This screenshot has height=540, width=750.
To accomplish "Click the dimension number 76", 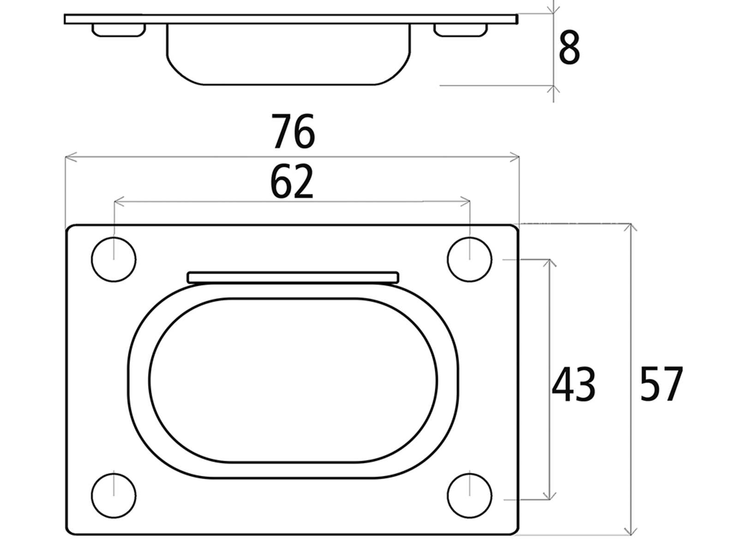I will click(293, 132).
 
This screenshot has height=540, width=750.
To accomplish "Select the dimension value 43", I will click(574, 385).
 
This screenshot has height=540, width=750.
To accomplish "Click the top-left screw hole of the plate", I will click(114, 259).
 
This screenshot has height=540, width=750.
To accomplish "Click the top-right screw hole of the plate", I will click(469, 259).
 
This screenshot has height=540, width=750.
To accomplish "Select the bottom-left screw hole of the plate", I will click(114, 495).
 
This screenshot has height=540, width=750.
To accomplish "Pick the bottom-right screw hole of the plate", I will click(469, 495).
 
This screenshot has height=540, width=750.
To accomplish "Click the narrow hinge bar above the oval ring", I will click(293, 277).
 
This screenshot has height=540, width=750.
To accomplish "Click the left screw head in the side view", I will click(119, 30).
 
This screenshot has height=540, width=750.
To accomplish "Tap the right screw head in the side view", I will click(460, 30).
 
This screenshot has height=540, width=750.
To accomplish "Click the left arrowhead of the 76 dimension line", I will click(69, 158).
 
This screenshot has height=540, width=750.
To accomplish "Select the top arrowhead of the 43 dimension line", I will click(549, 263).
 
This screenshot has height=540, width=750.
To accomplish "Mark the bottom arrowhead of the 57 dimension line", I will click(631, 531).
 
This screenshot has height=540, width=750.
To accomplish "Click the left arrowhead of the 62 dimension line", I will click(118, 201).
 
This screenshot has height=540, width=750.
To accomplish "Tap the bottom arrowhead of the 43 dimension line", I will click(549, 496).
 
